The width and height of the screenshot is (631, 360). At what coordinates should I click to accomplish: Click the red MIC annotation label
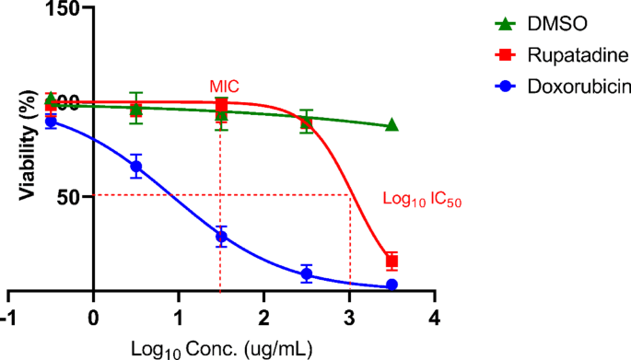click(224, 87)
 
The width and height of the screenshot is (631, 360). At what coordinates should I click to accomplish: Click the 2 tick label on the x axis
click(263, 317)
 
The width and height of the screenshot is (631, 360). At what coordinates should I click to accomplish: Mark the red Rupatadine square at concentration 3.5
click(391, 261)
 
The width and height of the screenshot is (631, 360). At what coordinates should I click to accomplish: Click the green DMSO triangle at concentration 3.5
click(391, 125)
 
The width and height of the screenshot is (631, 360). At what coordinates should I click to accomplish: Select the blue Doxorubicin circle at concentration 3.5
click(391, 285)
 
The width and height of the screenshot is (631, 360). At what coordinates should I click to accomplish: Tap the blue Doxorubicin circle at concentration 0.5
click(135, 167)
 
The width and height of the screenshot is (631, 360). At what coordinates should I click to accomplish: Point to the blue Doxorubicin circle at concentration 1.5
click(221, 237)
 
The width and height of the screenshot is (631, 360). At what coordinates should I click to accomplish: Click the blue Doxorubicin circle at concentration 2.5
click(307, 273)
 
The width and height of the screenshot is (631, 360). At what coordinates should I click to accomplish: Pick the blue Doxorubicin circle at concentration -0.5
click(51, 122)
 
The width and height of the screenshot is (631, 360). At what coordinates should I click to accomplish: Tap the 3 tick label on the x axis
click(349, 317)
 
